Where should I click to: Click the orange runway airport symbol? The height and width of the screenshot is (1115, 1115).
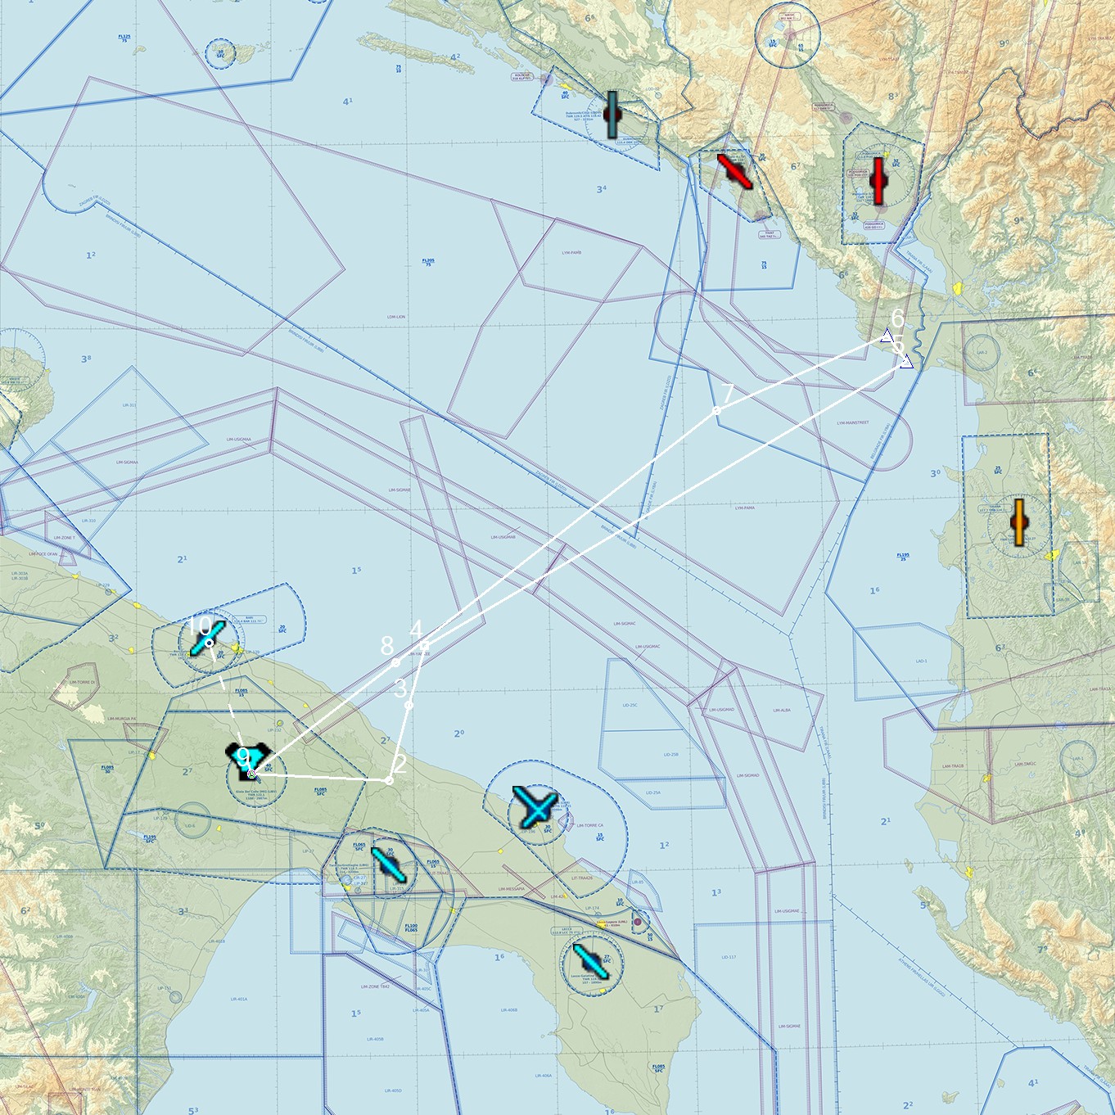coord(1019,522)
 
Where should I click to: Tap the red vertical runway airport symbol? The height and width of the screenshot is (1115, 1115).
coord(879,181)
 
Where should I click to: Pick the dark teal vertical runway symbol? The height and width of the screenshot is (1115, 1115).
coord(612,115)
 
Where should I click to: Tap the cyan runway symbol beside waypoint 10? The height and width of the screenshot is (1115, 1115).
coord(207,638)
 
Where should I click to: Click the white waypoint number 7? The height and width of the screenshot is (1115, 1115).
coord(728,394)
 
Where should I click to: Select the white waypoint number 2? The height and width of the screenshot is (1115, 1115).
coord(400,764)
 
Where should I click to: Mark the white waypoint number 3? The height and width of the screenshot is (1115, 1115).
coord(400,688)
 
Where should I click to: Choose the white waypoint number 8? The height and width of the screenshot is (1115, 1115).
coord(387,646)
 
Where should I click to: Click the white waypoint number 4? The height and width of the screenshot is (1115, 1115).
coord(416,630)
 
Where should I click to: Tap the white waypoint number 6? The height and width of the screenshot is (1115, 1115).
coord(897,318)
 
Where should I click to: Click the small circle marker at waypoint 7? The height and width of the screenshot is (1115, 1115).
coord(717,410)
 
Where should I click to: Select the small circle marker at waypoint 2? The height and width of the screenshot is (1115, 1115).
coord(389,781)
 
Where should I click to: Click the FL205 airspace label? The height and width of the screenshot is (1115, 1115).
coord(427,262)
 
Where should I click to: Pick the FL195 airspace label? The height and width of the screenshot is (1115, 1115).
coord(902,556)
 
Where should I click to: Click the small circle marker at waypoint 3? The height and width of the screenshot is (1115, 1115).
coord(409,704)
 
